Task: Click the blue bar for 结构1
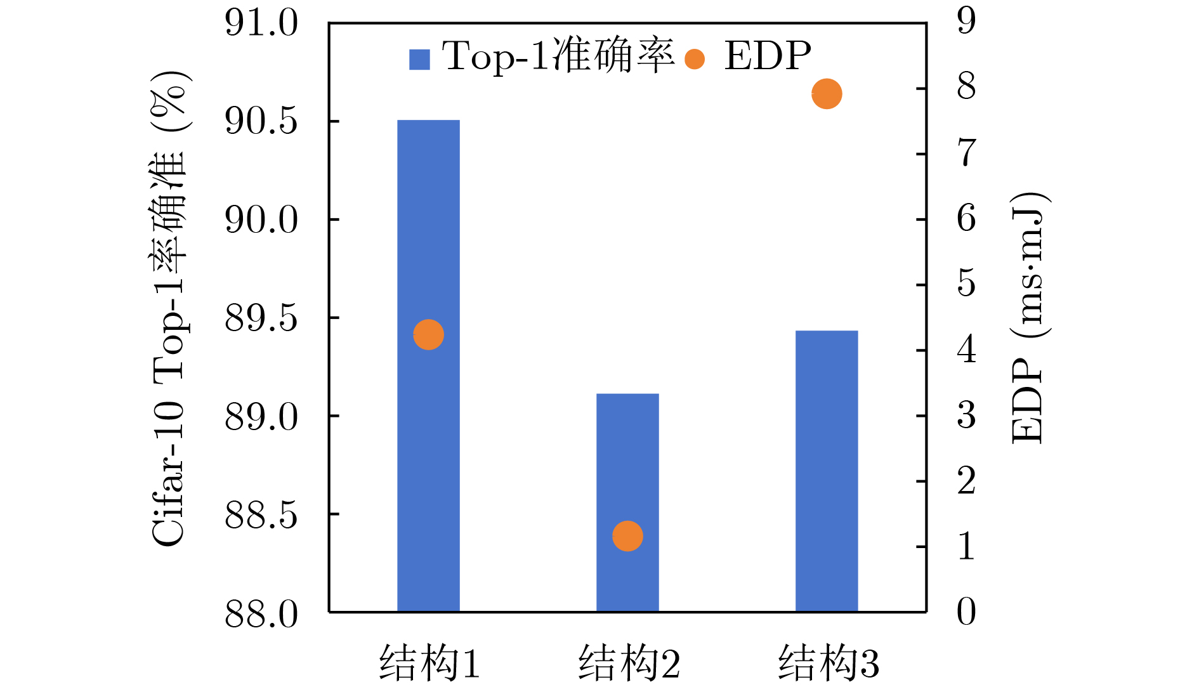tap(428, 444)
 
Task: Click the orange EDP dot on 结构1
tap(428, 334)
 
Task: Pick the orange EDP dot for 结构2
tap(627, 536)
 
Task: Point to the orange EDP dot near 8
tap(827, 94)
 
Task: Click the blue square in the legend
tap(419, 59)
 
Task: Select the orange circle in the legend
tap(695, 59)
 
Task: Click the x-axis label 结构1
tap(429, 663)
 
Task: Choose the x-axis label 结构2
tap(629, 663)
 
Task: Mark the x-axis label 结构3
tap(829, 663)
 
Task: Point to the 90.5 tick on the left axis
tap(261, 121)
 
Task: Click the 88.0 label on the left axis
tap(261, 613)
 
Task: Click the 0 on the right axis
tap(966, 612)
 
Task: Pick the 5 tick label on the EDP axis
tap(966, 284)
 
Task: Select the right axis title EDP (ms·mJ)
tap(1028, 317)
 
